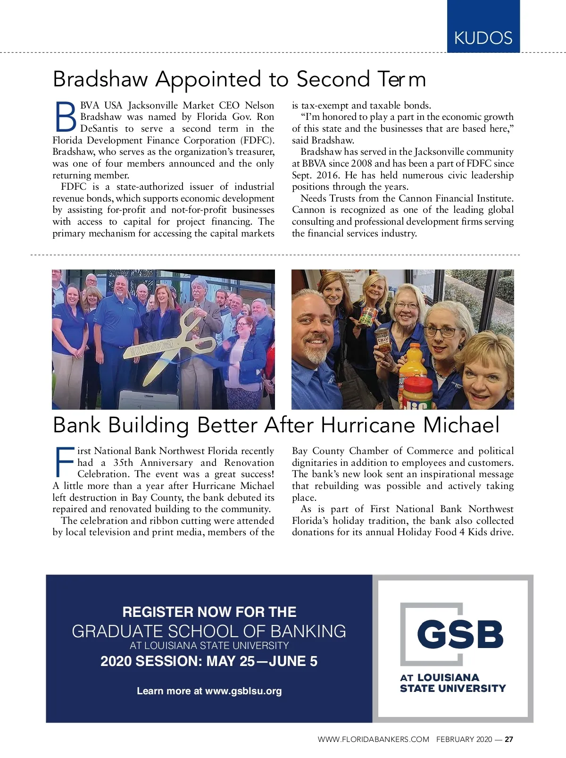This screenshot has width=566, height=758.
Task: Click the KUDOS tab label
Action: (x=483, y=38)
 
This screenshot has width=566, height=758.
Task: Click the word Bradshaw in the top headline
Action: (x=100, y=79)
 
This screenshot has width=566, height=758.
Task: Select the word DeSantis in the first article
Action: (x=99, y=129)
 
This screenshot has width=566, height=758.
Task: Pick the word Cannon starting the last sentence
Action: (x=308, y=210)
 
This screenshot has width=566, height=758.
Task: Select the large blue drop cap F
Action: (x=65, y=462)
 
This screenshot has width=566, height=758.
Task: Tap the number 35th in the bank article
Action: (x=124, y=463)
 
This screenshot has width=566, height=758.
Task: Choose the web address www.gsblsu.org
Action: (x=243, y=691)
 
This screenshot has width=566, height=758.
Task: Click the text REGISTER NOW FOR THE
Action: (x=209, y=612)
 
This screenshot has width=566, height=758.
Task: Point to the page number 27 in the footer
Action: (x=509, y=740)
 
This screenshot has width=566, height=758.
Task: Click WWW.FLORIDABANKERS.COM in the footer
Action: (x=373, y=740)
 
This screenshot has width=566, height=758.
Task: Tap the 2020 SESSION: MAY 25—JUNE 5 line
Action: (x=209, y=661)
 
